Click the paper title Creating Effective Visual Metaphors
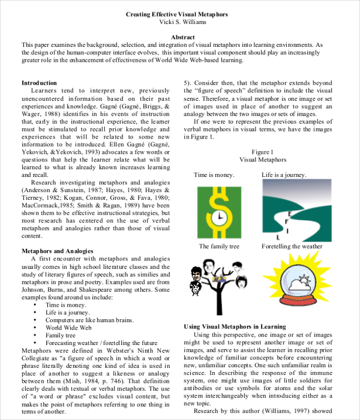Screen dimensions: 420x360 point(176,14)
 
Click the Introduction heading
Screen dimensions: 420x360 point(40,83)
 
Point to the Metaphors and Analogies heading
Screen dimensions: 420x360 point(57,250)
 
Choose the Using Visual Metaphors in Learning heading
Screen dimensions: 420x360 point(234,326)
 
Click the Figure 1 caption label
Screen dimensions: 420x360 point(262,152)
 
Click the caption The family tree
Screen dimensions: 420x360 point(220,247)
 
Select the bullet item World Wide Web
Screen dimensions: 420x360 point(68,328)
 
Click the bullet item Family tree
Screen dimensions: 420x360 point(61,336)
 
